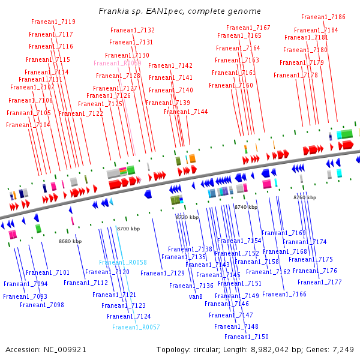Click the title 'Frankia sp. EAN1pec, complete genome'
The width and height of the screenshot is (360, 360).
pos(179,11)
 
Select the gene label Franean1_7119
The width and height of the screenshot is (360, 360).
pos(53,22)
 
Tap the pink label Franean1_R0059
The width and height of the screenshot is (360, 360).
pos(118,63)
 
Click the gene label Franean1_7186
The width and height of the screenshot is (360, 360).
pos(323,17)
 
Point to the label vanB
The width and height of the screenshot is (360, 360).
pos(196,296)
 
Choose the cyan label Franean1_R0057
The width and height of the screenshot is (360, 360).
pos(136,327)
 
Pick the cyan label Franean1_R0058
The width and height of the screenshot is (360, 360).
pos(123,262)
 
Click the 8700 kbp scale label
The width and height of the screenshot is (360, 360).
pos(128,229)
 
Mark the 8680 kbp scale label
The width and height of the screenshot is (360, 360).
pos(70,241)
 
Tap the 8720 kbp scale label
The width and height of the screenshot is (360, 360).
pos(187,217)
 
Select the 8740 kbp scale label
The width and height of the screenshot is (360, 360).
pos(246,207)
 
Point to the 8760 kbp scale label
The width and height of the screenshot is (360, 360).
pos(305,197)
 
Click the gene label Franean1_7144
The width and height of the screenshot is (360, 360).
pos(186,112)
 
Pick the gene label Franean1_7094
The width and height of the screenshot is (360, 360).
pos(26,284)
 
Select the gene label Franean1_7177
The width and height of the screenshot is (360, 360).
pos(319,282)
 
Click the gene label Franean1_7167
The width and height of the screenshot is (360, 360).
pos(248,28)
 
